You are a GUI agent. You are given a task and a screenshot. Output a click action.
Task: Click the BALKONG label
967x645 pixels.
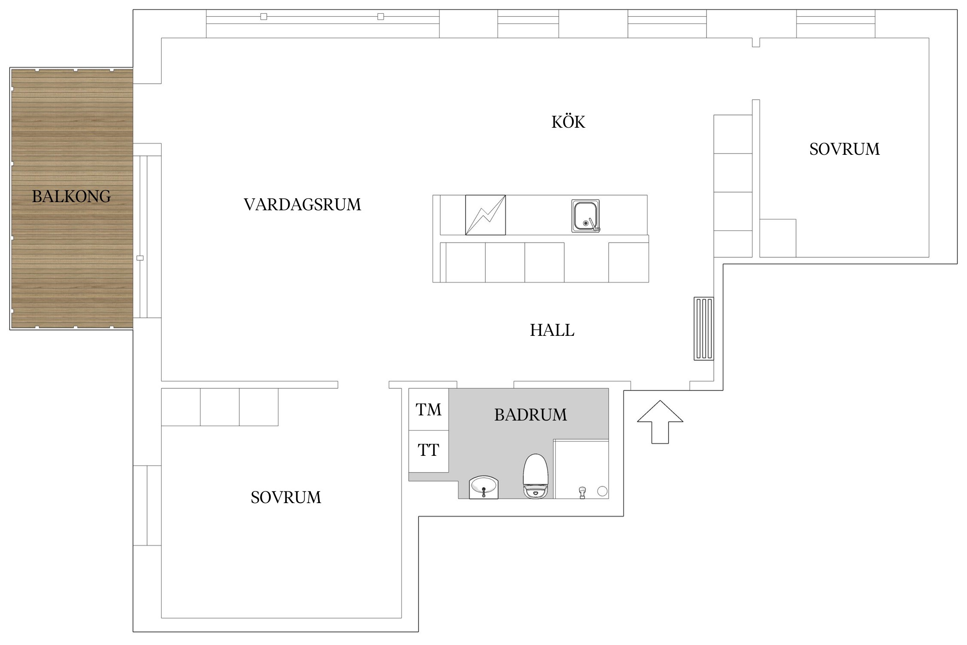pyautogui.click(x=71, y=197)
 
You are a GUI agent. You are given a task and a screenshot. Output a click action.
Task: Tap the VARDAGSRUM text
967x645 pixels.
pyautogui.click(x=302, y=205)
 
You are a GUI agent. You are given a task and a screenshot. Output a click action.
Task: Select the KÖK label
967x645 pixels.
pyautogui.click(x=568, y=122)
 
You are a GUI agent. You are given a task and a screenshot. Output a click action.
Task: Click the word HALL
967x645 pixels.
pyautogui.click(x=552, y=330)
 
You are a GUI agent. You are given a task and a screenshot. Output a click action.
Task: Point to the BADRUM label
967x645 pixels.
pyautogui.click(x=530, y=415)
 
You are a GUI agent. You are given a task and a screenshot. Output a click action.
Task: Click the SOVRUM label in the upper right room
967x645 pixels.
pyautogui.click(x=844, y=149)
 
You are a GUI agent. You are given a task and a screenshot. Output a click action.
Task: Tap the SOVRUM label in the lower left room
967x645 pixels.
pyautogui.click(x=286, y=498)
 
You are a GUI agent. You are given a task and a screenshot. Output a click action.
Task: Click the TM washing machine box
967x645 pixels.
pyautogui.click(x=428, y=409)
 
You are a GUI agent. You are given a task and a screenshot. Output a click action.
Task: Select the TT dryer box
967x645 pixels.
pyautogui.click(x=428, y=451)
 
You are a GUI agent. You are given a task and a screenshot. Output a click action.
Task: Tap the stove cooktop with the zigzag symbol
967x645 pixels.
pyautogui.click(x=485, y=215)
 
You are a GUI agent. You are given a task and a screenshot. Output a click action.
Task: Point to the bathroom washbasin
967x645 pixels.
pyautogui.click(x=483, y=487)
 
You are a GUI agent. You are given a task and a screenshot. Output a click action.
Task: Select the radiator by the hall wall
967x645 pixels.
pyautogui.click(x=704, y=329)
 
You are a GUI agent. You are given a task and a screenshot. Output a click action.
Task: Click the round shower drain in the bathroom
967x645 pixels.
pyautogui.click(x=602, y=491)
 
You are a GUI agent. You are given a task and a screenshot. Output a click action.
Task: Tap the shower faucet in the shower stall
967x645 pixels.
pyautogui.click(x=582, y=492)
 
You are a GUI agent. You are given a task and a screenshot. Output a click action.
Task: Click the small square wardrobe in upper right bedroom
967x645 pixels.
pyautogui.click(x=777, y=238)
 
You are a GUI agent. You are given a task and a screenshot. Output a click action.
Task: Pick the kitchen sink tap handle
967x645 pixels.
pyautogui.click(x=594, y=225)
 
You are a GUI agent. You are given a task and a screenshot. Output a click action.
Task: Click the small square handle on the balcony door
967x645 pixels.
pyautogui.click(x=140, y=258)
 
